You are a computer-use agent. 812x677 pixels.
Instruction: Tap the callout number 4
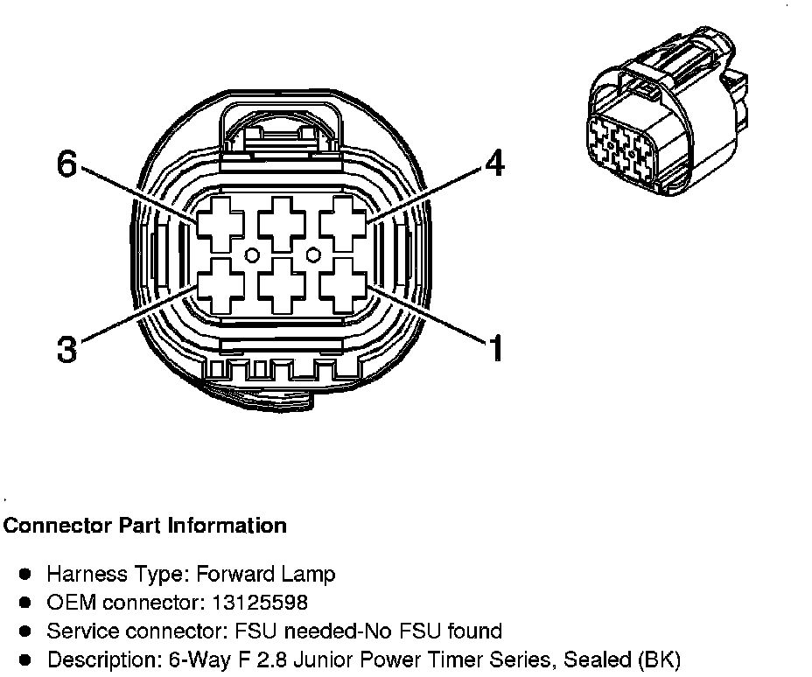tap(494, 164)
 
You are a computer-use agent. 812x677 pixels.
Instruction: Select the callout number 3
tap(66, 349)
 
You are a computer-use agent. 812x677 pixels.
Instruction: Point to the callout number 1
tap(496, 348)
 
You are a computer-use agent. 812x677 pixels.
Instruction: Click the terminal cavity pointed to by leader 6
tap(220, 222)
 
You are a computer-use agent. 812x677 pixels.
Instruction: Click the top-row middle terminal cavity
tap(282, 222)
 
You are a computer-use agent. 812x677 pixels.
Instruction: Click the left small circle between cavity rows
tap(251, 255)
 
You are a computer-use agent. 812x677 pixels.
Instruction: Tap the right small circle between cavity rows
tap(312, 255)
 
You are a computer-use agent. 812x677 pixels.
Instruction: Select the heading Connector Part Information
tap(145, 526)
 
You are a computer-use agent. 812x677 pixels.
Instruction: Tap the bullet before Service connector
tap(25, 631)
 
